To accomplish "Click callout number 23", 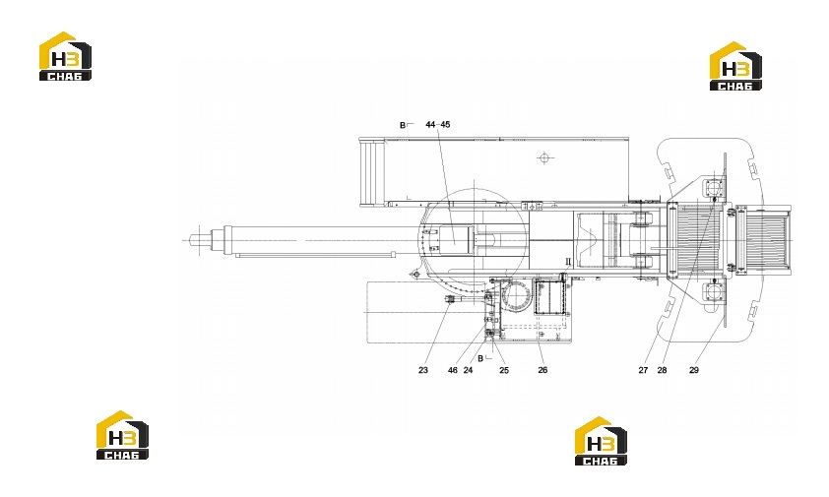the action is tap(423, 370).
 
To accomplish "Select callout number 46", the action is tap(453, 370).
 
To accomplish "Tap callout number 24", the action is tap(468, 370).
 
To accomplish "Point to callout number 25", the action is tap(504, 370).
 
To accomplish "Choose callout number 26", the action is tap(542, 370).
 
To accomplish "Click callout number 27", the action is tap(643, 370).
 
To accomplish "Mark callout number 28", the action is tap(662, 370).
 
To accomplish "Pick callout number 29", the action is tap(694, 370).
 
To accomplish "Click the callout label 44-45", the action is tap(438, 125).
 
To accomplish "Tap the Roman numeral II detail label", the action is tap(568, 261).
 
